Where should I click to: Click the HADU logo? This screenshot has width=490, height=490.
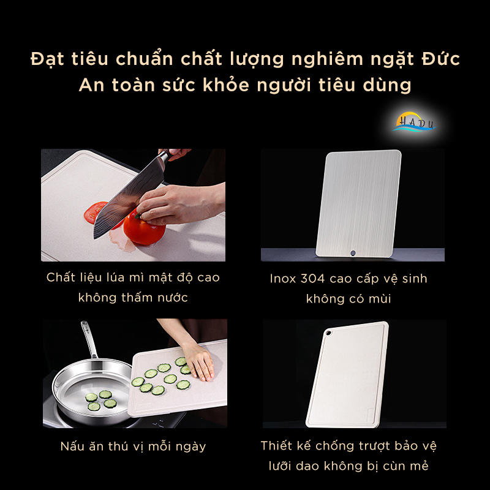[x=413, y=121]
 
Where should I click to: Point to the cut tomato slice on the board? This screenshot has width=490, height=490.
[x=96, y=212]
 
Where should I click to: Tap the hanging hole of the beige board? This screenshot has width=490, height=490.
[x=328, y=331]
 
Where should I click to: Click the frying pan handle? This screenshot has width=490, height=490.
[x=89, y=340]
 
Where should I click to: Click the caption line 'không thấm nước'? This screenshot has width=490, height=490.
[x=133, y=298]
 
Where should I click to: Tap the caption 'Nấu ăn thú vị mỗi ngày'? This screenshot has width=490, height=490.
[x=133, y=446]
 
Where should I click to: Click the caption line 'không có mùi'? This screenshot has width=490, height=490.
[x=349, y=299]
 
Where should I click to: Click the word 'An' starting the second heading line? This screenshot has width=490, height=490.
[x=91, y=85]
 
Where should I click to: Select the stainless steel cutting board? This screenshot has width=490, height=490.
[x=359, y=202]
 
